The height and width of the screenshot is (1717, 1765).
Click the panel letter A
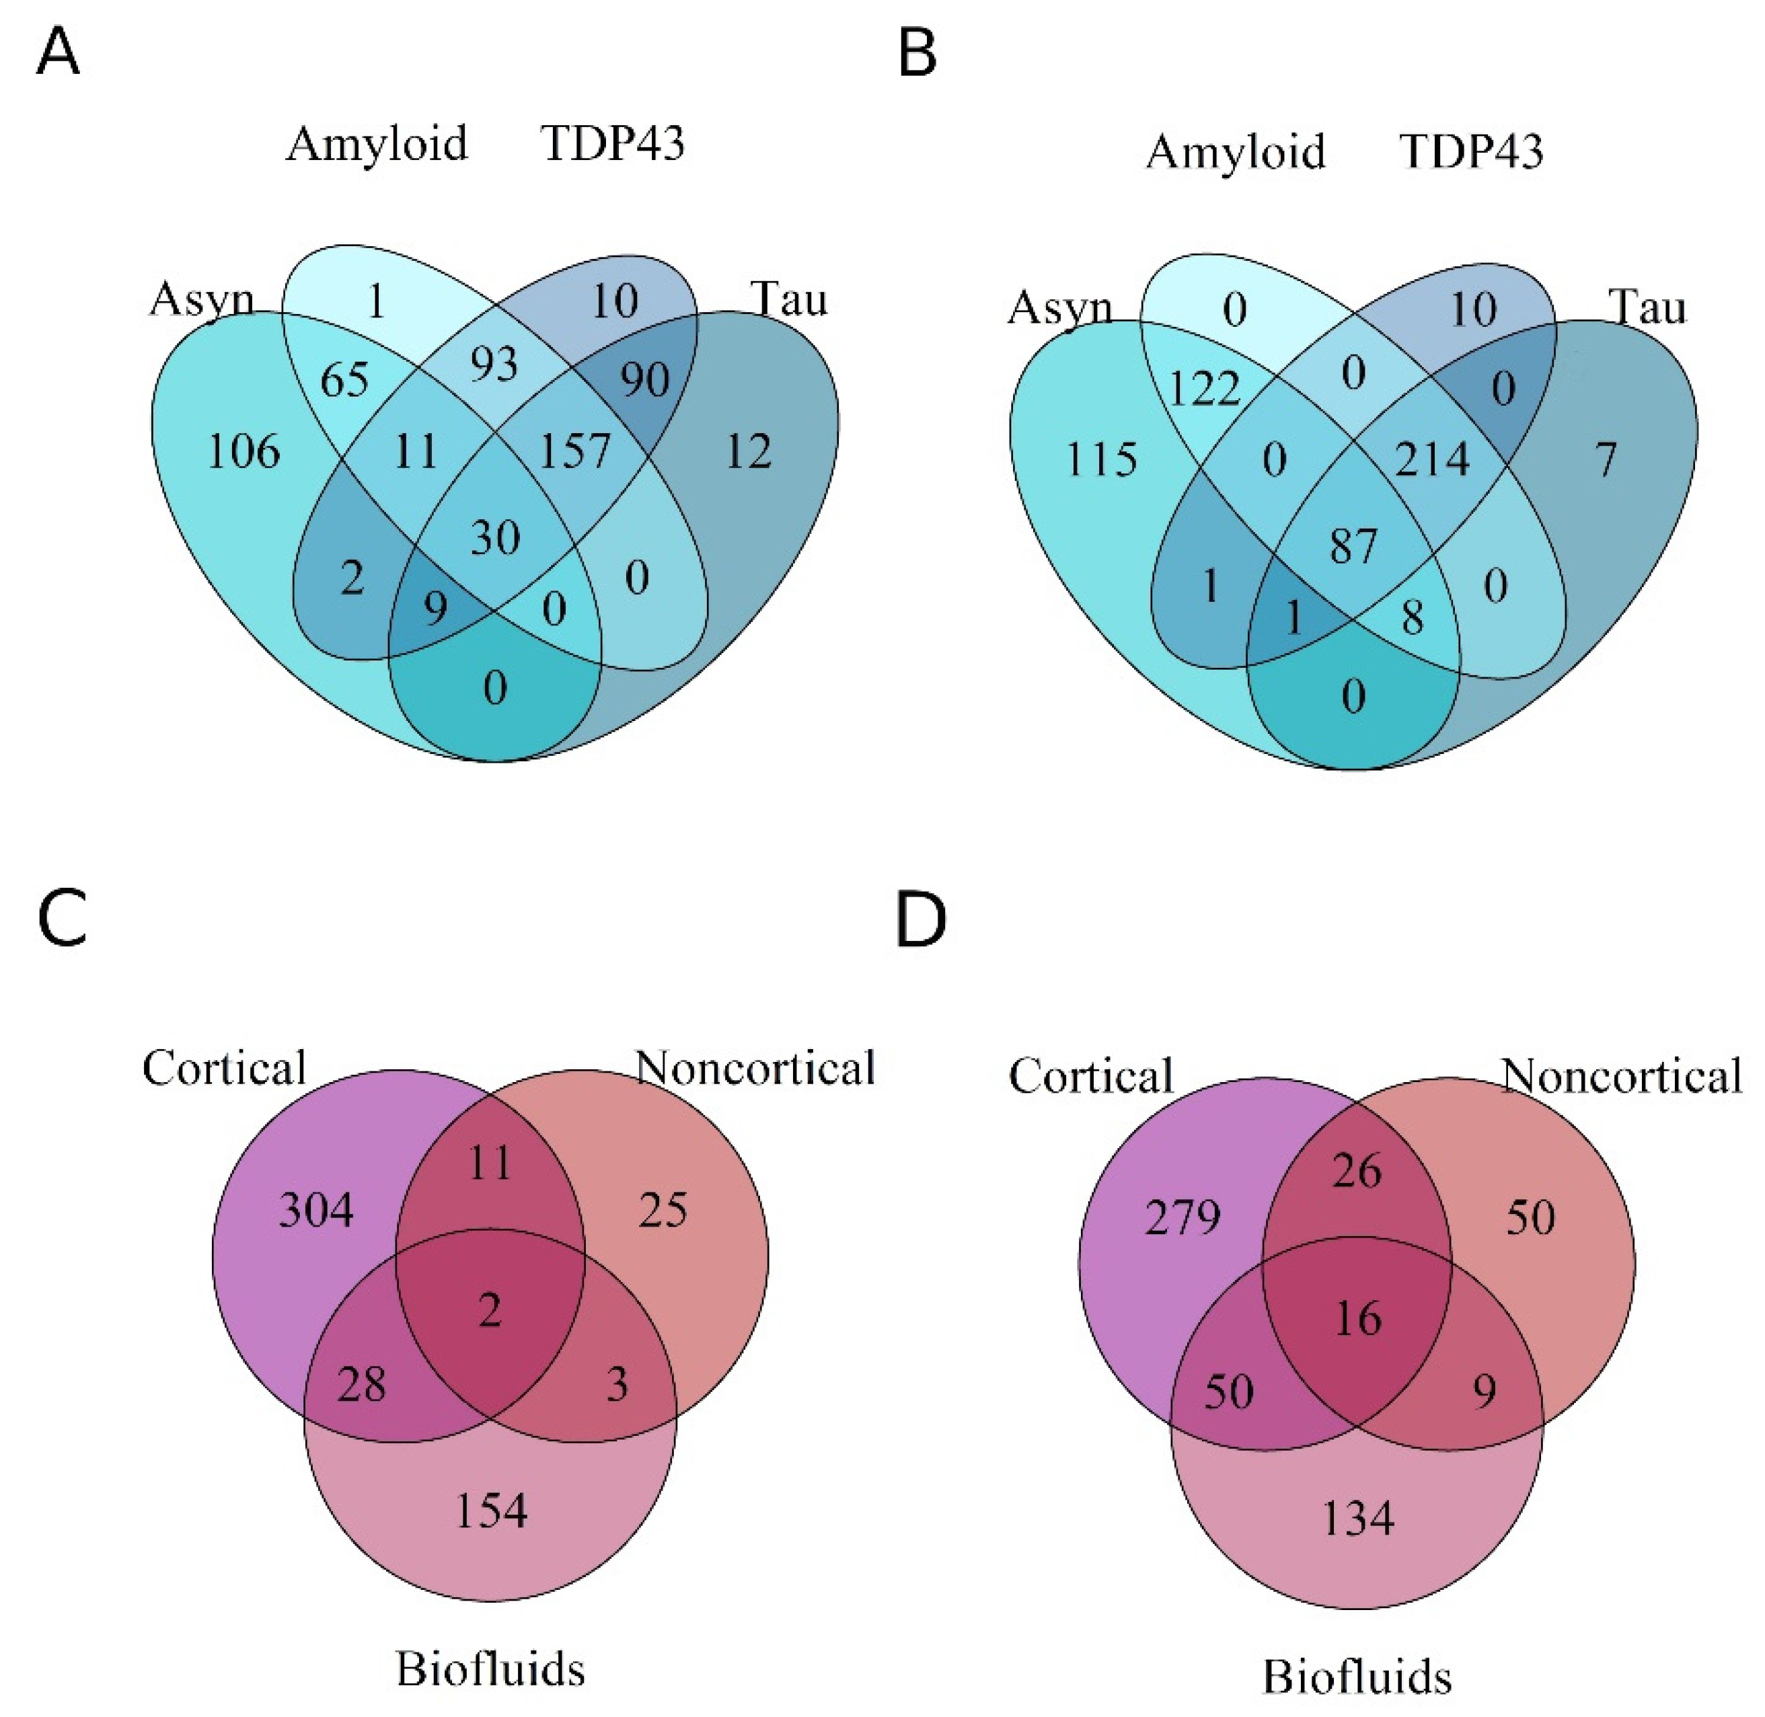[58, 53]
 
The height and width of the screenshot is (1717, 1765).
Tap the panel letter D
[920, 920]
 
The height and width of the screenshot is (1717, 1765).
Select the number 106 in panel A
[243, 451]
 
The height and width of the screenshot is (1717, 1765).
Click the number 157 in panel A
[574, 450]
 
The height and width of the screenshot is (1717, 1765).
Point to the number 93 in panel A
[494, 365]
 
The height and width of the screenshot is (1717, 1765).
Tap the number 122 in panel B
[1205, 389]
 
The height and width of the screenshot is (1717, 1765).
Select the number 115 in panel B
[1101, 460]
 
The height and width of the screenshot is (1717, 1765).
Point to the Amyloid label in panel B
[1236, 151]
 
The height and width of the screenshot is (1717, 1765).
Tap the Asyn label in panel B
[1059, 309]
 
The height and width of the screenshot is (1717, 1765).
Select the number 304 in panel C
[315, 1210]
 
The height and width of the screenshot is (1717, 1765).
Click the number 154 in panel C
[490, 1510]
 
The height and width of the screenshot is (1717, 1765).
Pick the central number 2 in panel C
[490, 1310]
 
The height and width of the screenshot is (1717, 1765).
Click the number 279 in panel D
[1182, 1219]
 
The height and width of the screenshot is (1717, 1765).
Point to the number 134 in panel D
[1357, 1518]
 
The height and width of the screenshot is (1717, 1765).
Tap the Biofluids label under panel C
[490, 1669]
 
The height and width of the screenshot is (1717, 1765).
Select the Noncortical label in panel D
[1620, 1076]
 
